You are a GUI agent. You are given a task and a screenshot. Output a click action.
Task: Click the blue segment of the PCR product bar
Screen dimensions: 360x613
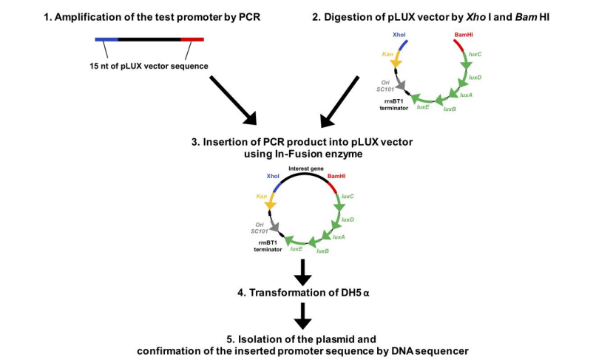tap(106, 38)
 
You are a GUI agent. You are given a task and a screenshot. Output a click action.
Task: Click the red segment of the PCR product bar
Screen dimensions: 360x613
tap(192, 38)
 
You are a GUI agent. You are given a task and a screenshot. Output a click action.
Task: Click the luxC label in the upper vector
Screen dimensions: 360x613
tap(475, 54)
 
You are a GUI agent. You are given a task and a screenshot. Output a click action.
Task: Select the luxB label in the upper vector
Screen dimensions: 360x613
tap(449, 109)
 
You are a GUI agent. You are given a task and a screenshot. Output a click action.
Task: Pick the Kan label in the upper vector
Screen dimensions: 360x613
tap(387, 54)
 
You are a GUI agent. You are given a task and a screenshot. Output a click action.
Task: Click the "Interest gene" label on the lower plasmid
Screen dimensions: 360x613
tap(305, 169)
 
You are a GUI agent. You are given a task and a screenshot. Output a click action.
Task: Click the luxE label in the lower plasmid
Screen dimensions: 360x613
tap(296, 249)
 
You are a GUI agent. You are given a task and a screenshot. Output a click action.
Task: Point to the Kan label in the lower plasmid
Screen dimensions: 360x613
tap(262, 196)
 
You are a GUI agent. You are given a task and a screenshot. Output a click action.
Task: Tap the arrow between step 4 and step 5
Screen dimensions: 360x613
tap(302, 316)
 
